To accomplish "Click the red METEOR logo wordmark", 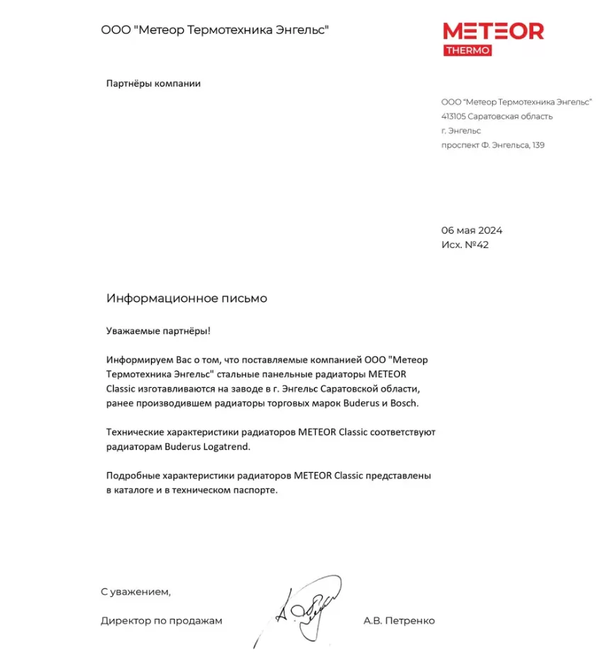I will [493, 32].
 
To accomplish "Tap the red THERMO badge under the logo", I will [467, 50].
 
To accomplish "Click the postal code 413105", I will [453, 116].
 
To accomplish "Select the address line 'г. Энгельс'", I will [460, 130].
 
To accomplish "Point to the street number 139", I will [538, 145].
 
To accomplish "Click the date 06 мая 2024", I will [472, 230].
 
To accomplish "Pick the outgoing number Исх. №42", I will [465, 245].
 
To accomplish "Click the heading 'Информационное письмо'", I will [187, 298].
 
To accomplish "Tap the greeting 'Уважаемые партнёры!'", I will [158, 330].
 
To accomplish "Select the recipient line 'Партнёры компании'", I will [153, 84].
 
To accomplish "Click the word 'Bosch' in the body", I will [405, 403].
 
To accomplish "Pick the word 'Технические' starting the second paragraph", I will [134, 432].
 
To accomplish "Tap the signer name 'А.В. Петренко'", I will [399, 621].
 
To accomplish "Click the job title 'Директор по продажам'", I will [161, 621].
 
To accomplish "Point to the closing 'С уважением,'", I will [135, 590].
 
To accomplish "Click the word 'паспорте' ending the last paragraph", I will [253, 490].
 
